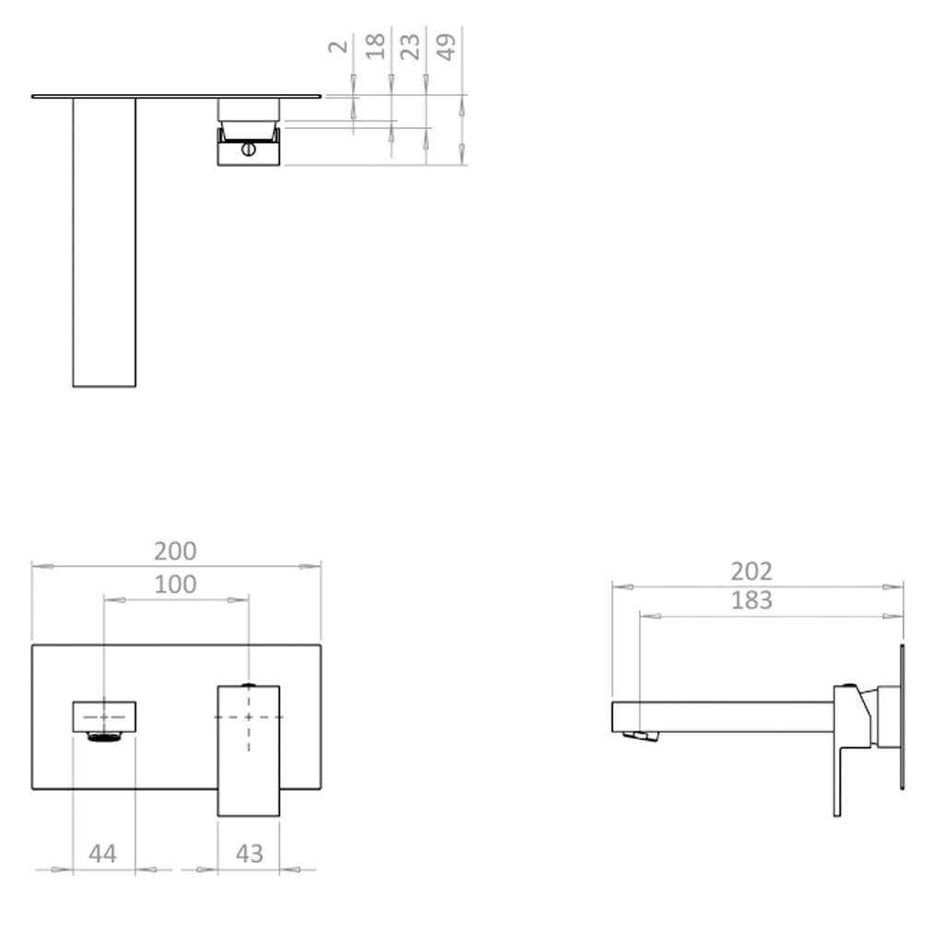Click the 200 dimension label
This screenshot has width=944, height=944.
[x=175, y=551]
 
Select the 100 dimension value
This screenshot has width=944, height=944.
[x=175, y=584]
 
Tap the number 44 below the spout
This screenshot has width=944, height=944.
[x=102, y=854]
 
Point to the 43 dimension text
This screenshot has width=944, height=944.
[x=249, y=854]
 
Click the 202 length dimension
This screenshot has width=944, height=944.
[x=751, y=572]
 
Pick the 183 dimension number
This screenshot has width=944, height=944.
[x=751, y=600]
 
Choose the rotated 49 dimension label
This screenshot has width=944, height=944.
[x=446, y=47]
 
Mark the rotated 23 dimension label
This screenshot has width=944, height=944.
[x=410, y=46]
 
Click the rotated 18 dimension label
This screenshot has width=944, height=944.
[x=375, y=46]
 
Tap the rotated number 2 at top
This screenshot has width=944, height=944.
[x=339, y=46]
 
